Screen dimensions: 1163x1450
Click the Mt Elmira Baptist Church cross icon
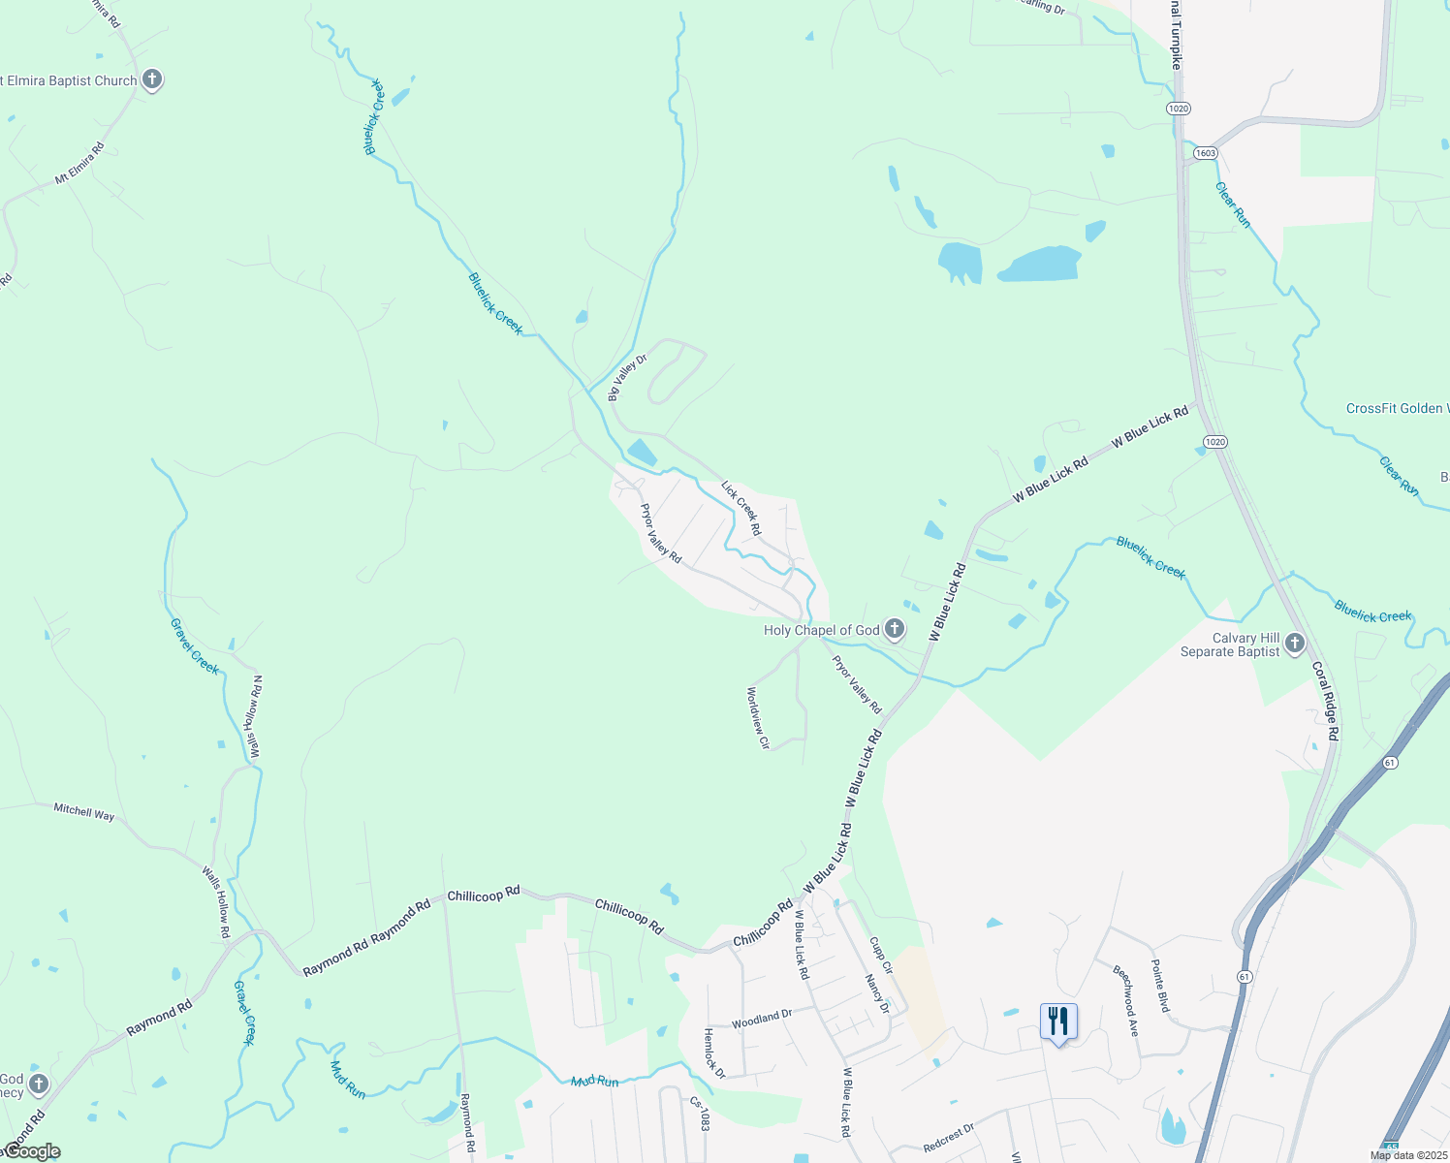(x=152, y=79)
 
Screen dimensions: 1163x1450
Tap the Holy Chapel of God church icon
(x=895, y=630)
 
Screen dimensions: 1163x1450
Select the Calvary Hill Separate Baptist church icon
(x=1295, y=644)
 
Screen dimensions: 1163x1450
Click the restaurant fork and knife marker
(x=1058, y=1022)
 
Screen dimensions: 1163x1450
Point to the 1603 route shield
(x=1205, y=153)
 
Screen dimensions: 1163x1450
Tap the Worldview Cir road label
(x=758, y=718)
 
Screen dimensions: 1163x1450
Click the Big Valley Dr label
(x=627, y=378)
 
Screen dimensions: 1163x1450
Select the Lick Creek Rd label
(x=741, y=508)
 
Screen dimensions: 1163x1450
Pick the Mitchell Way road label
(x=84, y=812)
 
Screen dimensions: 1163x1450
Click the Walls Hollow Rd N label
(x=255, y=717)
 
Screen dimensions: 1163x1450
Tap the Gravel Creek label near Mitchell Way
(x=195, y=646)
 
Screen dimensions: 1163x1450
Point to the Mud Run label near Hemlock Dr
(x=594, y=1082)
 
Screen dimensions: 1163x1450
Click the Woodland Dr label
(x=762, y=1019)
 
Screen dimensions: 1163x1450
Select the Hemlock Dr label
(x=713, y=1053)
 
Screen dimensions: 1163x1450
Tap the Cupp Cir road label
(x=880, y=955)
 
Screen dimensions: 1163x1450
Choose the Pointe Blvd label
(x=1160, y=987)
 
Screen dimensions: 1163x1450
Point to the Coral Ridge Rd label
(x=1325, y=702)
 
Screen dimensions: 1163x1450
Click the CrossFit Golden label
(x=1396, y=409)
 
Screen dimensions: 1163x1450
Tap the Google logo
(x=33, y=1151)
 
